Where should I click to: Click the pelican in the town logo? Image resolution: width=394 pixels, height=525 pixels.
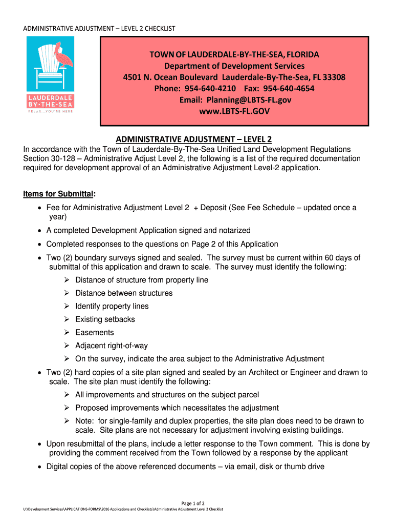[x=65, y=55]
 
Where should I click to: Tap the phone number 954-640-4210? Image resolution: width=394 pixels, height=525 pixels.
[x=210, y=89]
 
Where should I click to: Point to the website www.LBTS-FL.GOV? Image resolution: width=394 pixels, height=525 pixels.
[x=234, y=111]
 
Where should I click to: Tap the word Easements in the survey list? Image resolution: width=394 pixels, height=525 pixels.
[x=94, y=332]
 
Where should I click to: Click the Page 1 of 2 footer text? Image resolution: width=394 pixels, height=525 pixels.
[x=197, y=503]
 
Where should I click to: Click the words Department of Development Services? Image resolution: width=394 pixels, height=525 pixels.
[x=234, y=66]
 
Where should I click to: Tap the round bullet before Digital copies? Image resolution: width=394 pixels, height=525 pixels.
[x=40, y=467]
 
